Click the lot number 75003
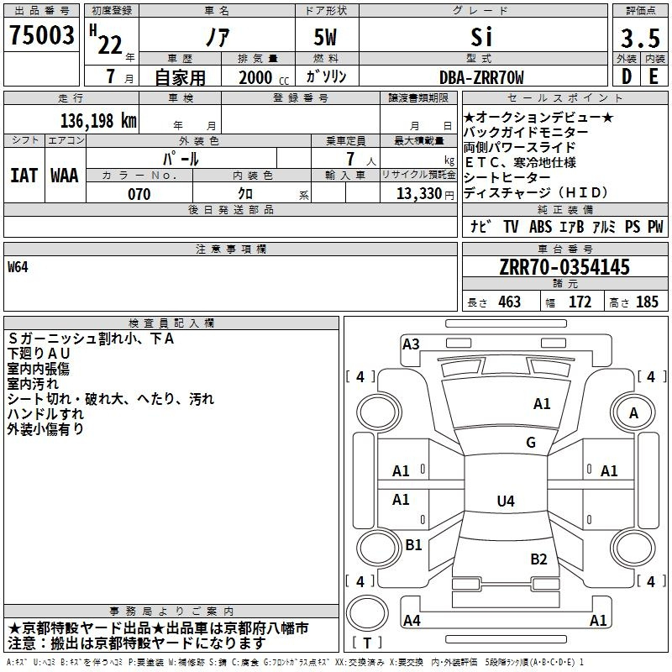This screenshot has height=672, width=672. (41, 35)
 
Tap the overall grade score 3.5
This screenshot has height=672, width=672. (640, 39)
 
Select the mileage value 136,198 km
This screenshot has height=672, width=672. (98, 121)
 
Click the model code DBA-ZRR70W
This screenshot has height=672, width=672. (481, 77)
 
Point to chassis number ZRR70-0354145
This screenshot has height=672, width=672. (564, 267)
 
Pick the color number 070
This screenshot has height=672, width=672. (139, 194)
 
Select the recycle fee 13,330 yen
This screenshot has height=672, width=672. (425, 194)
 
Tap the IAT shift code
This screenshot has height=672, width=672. (24, 176)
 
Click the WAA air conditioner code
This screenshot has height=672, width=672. (65, 176)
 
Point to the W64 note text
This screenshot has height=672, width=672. (18, 267)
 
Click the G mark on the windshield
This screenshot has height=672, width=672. (531, 442)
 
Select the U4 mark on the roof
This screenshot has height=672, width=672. (506, 501)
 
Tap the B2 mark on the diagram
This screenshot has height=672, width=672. (538, 559)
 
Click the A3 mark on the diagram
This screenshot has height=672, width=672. (411, 344)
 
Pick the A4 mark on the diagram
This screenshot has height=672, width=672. (412, 620)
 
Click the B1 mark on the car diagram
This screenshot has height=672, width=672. (413, 544)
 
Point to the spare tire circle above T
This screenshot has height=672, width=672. (367, 613)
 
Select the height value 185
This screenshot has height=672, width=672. (647, 302)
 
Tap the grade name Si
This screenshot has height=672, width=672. (481, 37)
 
